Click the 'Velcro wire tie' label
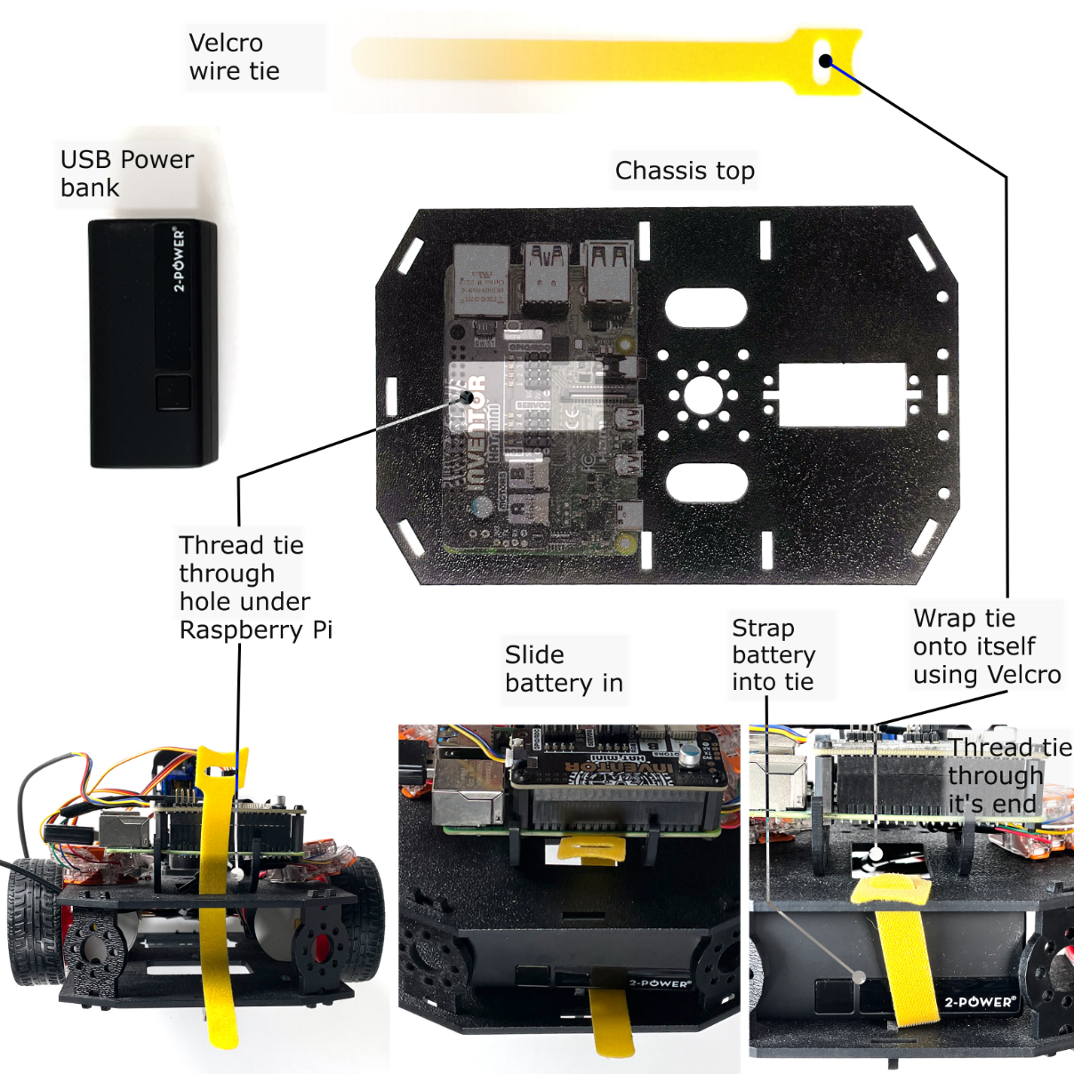click(x=234, y=57)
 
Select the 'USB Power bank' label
click(x=126, y=173)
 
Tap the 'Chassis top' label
click(x=685, y=170)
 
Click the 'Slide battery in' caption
click(x=564, y=669)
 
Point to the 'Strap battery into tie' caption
click(x=773, y=654)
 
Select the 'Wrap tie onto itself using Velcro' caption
click(x=986, y=646)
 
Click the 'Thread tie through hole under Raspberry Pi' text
click(x=255, y=587)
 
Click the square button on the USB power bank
click(x=173, y=393)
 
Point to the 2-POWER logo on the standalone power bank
click(x=179, y=260)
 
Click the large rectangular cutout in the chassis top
click(x=842, y=393)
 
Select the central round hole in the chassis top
click(x=702, y=395)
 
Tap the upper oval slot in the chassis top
click(x=705, y=308)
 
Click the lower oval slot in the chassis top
click(x=706, y=482)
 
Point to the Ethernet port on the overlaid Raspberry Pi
click(x=480, y=278)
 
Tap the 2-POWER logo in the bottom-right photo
click(x=979, y=1002)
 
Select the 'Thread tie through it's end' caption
click(x=1009, y=775)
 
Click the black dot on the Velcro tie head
click(x=826, y=61)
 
